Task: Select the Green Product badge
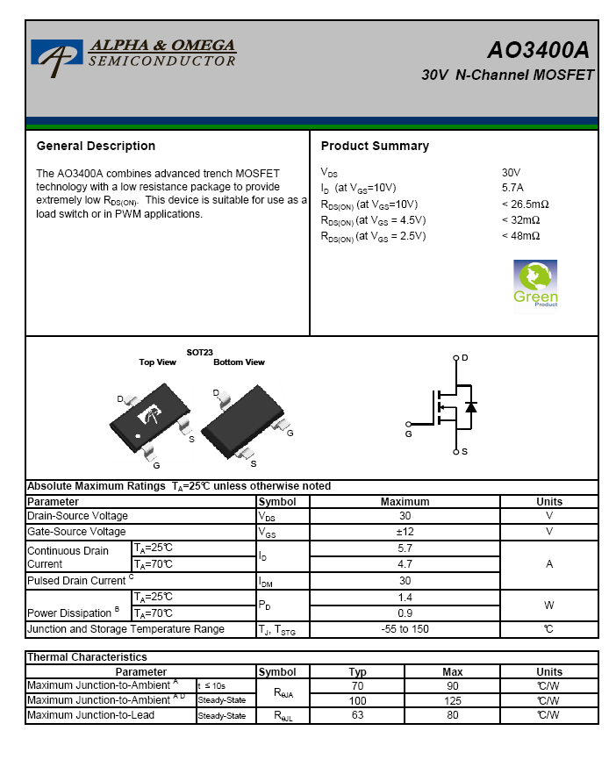point(535,284)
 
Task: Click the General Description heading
point(96,146)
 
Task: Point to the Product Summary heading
point(375,146)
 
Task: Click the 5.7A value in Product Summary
point(512,187)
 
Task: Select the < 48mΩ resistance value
point(520,236)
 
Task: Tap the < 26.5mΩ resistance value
point(525,204)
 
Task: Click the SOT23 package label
point(199,352)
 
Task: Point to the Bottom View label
point(239,362)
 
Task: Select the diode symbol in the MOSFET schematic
point(471,407)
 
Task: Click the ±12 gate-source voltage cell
point(405,532)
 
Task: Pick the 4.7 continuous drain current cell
point(405,564)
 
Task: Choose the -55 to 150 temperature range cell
point(405,629)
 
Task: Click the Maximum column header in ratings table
point(405,502)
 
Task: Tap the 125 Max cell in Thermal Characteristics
point(452,700)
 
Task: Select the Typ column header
point(357,671)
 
